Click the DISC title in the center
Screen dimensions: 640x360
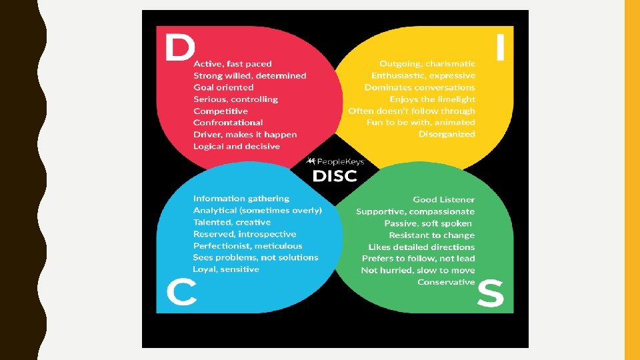(x=335, y=176)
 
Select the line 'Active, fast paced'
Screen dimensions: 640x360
(x=233, y=64)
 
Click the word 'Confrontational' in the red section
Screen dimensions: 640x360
(x=228, y=123)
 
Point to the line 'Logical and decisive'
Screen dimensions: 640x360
(x=237, y=146)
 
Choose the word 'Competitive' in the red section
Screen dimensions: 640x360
(x=221, y=111)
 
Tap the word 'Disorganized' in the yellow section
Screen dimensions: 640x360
(x=447, y=134)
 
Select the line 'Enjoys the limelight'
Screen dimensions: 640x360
(x=433, y=99)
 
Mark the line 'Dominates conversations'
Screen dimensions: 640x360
(x=420, y=87)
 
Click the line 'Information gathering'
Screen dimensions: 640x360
(x=241, y=199)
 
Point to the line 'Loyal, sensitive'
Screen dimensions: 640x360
(x=226, y=269)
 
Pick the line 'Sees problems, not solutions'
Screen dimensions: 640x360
(x=256, y=257)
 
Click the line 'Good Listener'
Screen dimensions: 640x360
(x=444, y=199)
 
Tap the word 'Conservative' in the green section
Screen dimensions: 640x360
(x=446, y=282)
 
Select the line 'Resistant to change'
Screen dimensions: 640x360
(x=432, y=235)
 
